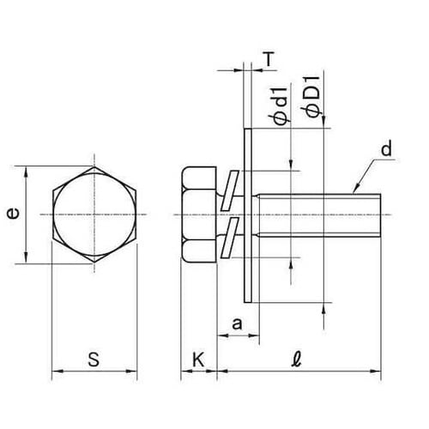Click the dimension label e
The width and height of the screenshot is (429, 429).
coord(13,214)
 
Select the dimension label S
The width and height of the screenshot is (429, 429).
coord(94,360)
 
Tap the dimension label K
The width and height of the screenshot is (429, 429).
coord(198,360)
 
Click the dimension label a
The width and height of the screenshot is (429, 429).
coord(237,324)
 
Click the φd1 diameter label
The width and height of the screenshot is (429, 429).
coord(280,106)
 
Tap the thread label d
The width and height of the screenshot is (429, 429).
coord(387,149)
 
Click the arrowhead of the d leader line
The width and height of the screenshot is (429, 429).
coord(355,190)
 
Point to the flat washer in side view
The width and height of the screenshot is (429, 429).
coord(248,215)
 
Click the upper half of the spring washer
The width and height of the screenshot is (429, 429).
coord(229,190)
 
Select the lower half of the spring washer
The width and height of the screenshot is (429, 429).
coord(230,237)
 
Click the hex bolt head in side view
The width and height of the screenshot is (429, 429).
coord(199,214)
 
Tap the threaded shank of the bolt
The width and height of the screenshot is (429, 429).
coord(319,215)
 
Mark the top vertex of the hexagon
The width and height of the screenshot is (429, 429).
coord(94,166)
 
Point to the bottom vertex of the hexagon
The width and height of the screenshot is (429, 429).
coord(94,262)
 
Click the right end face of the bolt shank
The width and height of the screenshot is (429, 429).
coord(381,215)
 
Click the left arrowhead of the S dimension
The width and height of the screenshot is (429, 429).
coord(57,372)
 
